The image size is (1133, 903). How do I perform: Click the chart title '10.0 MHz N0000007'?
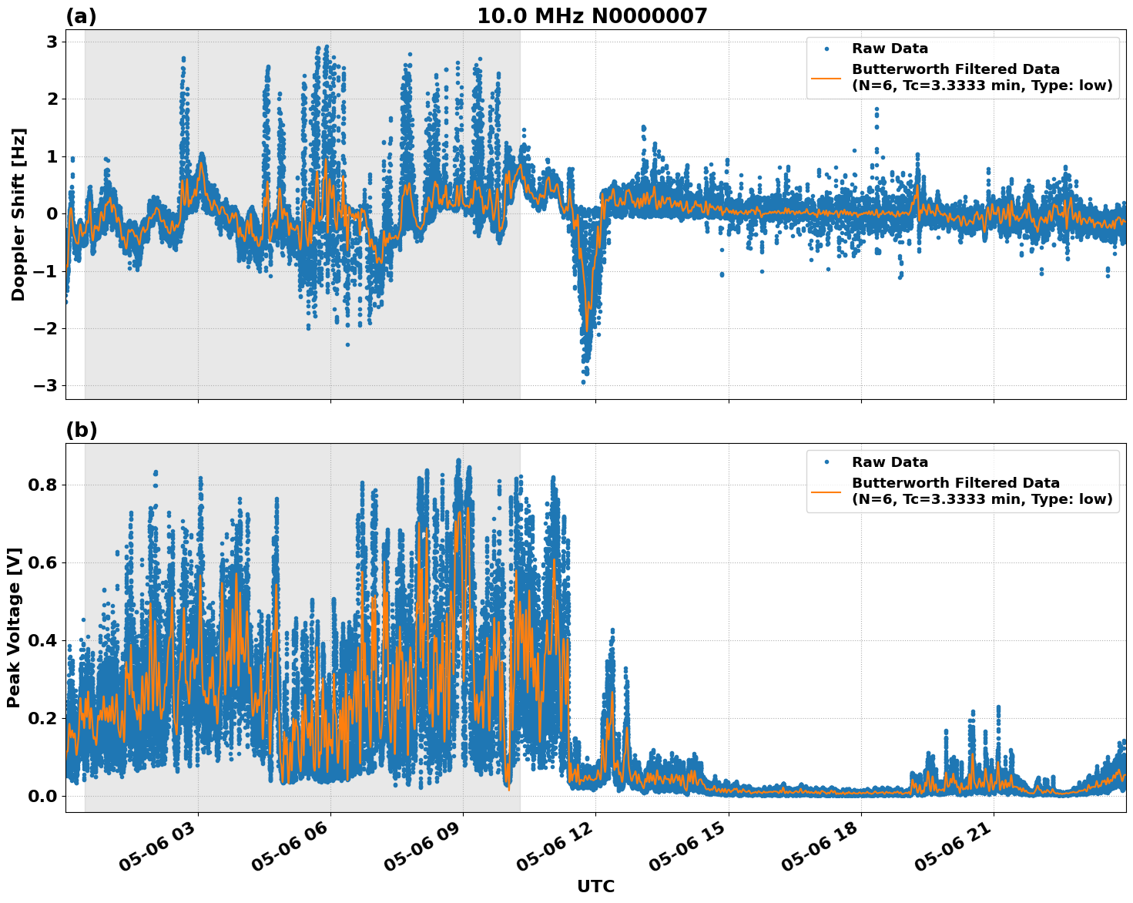tap(592, 15)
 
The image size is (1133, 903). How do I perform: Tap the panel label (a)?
tap(81, 16)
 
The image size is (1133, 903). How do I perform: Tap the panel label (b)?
tap(81, 430)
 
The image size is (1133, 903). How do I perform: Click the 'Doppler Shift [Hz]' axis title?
tap(18, 214)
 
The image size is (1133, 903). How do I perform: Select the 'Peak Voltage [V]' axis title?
tap(14, 627)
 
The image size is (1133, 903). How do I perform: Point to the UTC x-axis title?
tap(595, 886)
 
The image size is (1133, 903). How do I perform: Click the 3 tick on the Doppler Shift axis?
tap(52, 42)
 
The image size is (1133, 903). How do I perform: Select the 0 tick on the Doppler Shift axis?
tap(52, 213)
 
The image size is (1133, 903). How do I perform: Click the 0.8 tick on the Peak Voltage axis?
tap(43, 485)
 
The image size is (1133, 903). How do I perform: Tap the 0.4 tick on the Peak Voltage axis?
tap(43, 640)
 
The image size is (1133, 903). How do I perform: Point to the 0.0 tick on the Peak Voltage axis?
tap(43, 796)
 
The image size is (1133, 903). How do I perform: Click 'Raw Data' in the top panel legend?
tap(890, 49)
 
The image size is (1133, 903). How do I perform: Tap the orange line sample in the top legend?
tap(826, 78)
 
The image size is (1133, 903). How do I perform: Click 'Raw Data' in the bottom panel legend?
tap(890, 462)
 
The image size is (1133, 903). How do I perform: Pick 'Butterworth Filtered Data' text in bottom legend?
tap(955, 483)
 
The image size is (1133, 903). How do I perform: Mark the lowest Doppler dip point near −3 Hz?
tap(583, 381)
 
